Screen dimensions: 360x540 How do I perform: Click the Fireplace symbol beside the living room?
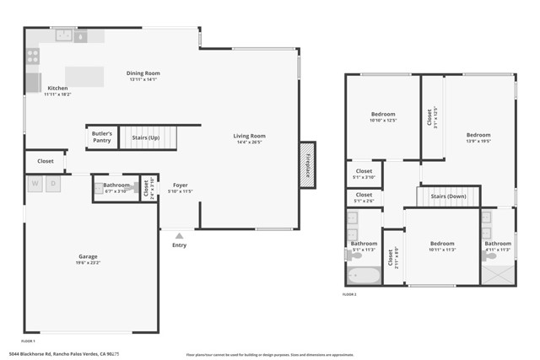pyautogui.click(x=306, y=164)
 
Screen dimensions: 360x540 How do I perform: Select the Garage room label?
pyautogui.click(x=88, y=258)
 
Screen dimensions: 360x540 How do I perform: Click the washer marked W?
pyautogui.click(x=35, y=184)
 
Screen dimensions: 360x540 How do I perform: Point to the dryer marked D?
pyautogui.click(x=53, y=184)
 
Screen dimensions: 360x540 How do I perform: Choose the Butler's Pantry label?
pyautogui.click(x=101, y=137)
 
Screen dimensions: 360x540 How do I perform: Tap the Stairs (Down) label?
pyautogui.click(x=448, y=197)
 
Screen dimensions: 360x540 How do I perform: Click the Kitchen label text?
pyautogui.click(x=57, y=89)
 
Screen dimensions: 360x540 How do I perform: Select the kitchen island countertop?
pyautogui.click(x=84, y=75)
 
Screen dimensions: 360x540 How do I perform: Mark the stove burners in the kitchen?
pyautogui.click(x=33, y=56)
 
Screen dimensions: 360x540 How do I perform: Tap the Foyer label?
pyautogui.click(x=181, y=186)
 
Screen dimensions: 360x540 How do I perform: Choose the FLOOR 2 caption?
pyautogui.click(x=349, y=294)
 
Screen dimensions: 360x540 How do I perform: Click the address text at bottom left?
pyautogui.click(x=63, y=354)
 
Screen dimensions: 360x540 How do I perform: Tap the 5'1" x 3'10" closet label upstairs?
pyautogui.click(x=364, y=173)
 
